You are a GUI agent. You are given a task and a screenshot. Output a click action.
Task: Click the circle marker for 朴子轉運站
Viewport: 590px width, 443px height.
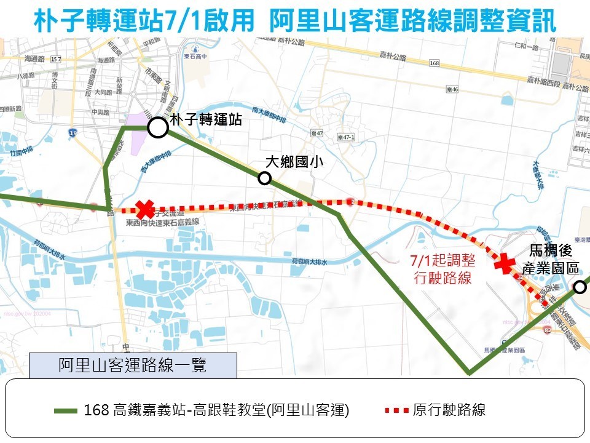(x=158, y=128)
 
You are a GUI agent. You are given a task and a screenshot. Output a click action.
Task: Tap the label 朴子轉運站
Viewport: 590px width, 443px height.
(x=206, y=121)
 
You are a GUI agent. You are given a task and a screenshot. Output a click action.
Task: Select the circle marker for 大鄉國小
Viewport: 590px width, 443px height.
(x=264, y=178)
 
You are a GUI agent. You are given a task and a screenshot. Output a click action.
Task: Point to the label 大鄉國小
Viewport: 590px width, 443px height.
(x=294, y=162)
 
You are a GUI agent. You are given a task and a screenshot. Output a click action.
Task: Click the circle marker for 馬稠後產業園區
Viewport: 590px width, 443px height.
(x=580, y=287)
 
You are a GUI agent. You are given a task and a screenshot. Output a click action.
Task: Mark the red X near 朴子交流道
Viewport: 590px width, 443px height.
(x=145, y=209)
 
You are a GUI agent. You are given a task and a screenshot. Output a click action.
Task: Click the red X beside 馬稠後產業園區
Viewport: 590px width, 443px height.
(x=505, y=263)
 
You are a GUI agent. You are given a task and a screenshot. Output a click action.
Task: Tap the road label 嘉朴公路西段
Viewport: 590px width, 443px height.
(x=544, y=81)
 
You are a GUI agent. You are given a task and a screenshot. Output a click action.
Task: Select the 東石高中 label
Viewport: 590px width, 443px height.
(x=195, y=57)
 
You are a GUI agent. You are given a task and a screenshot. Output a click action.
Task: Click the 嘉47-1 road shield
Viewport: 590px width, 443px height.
(x=346, y=137)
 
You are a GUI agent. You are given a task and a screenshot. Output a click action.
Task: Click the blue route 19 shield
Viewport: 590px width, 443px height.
(x=74, y=132)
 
